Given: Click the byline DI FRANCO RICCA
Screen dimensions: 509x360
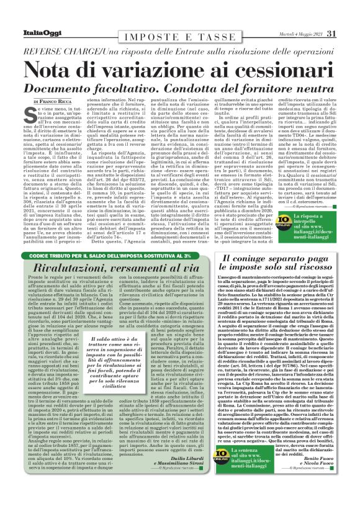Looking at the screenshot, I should [x=56, y=101].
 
